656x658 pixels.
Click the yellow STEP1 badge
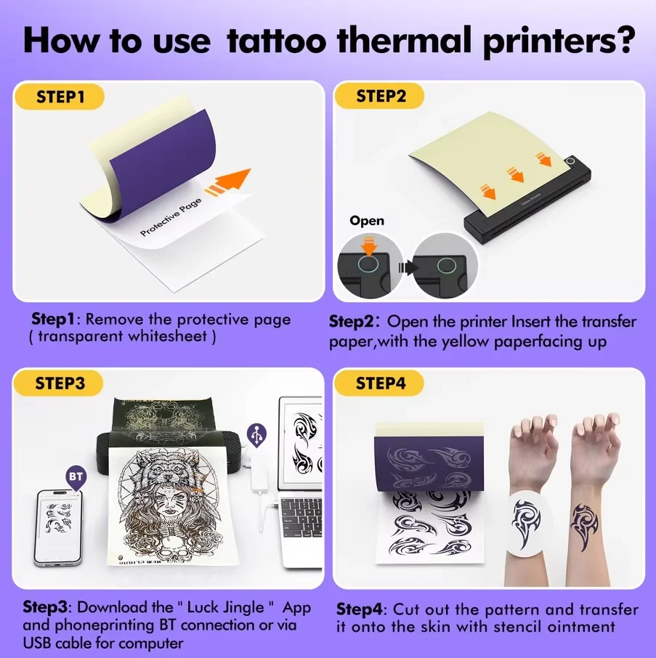[61, 97]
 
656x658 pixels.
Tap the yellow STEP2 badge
[381, 97]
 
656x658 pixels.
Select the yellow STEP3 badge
[61, 383]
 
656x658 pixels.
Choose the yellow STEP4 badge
[381, 383]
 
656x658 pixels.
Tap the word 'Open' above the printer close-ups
[367, 220]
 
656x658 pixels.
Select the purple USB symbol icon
[256, 434]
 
